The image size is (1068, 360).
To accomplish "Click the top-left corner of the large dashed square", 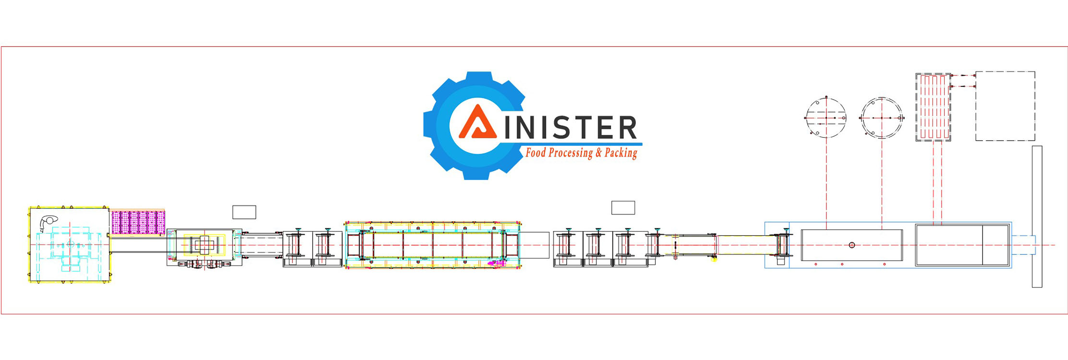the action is pyautogui.click(x=976, y=72).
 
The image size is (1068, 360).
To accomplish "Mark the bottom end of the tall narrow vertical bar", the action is pyautogui.click(x=1037, y=287).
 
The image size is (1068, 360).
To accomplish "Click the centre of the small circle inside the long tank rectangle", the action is pyautogui.click(x=852, y=245).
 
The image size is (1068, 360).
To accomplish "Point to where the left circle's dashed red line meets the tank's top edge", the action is pyautogui.click(x=826, y=230).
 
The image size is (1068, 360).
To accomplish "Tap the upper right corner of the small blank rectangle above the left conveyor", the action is pyautogui.click(x=256, y=206).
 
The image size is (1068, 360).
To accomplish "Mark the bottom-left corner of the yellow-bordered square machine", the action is pyautogui.click(x=30, y=282).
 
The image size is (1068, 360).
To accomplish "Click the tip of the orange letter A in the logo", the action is pyautogui.click(x=477, y=105).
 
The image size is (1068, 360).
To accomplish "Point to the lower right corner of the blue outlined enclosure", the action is pyautogui.click(x=1012, y=268).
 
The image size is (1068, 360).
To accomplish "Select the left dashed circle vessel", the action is pyautogui.click(x=826, y=117).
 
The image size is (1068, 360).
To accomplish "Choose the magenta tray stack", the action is pyautogui.click(x=138, y=222).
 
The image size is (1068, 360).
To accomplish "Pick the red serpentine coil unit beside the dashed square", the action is pyautogui.click(x=933, y=107).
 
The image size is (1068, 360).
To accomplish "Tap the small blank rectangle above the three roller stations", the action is pyautogui.click(x=623, y=208).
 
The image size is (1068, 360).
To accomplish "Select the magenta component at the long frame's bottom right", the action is pyautogui.click(x=496, y=263).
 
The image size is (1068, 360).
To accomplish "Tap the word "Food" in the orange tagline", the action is pyautogui.click(x=535, y=153).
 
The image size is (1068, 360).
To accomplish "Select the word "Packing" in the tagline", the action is pyautogui.click(x=621, y=153).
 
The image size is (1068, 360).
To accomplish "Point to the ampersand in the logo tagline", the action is pyautogui.click(x=598, y=153).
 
